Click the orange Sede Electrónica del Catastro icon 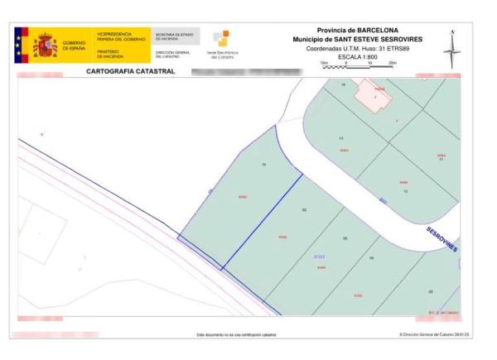click(x=221, y=38)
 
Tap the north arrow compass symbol click(x=452, y=50)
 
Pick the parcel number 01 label click(x=263, y=165)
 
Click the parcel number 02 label click(x=304, y=211)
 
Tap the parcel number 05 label click(x=430, y=290)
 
